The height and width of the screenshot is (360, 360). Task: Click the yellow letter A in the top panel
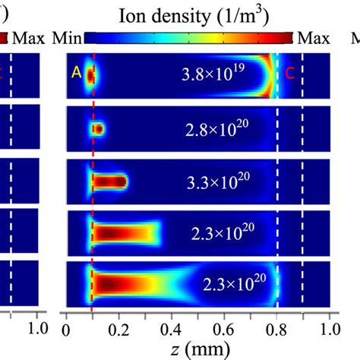[75, 74]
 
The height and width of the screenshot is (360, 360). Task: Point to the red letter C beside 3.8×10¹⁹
[290, 74]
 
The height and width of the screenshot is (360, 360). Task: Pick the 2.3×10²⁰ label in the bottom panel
[232, 283]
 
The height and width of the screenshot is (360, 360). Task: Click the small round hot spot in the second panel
[98, 129]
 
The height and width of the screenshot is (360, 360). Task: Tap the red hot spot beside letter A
[90, 75]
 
